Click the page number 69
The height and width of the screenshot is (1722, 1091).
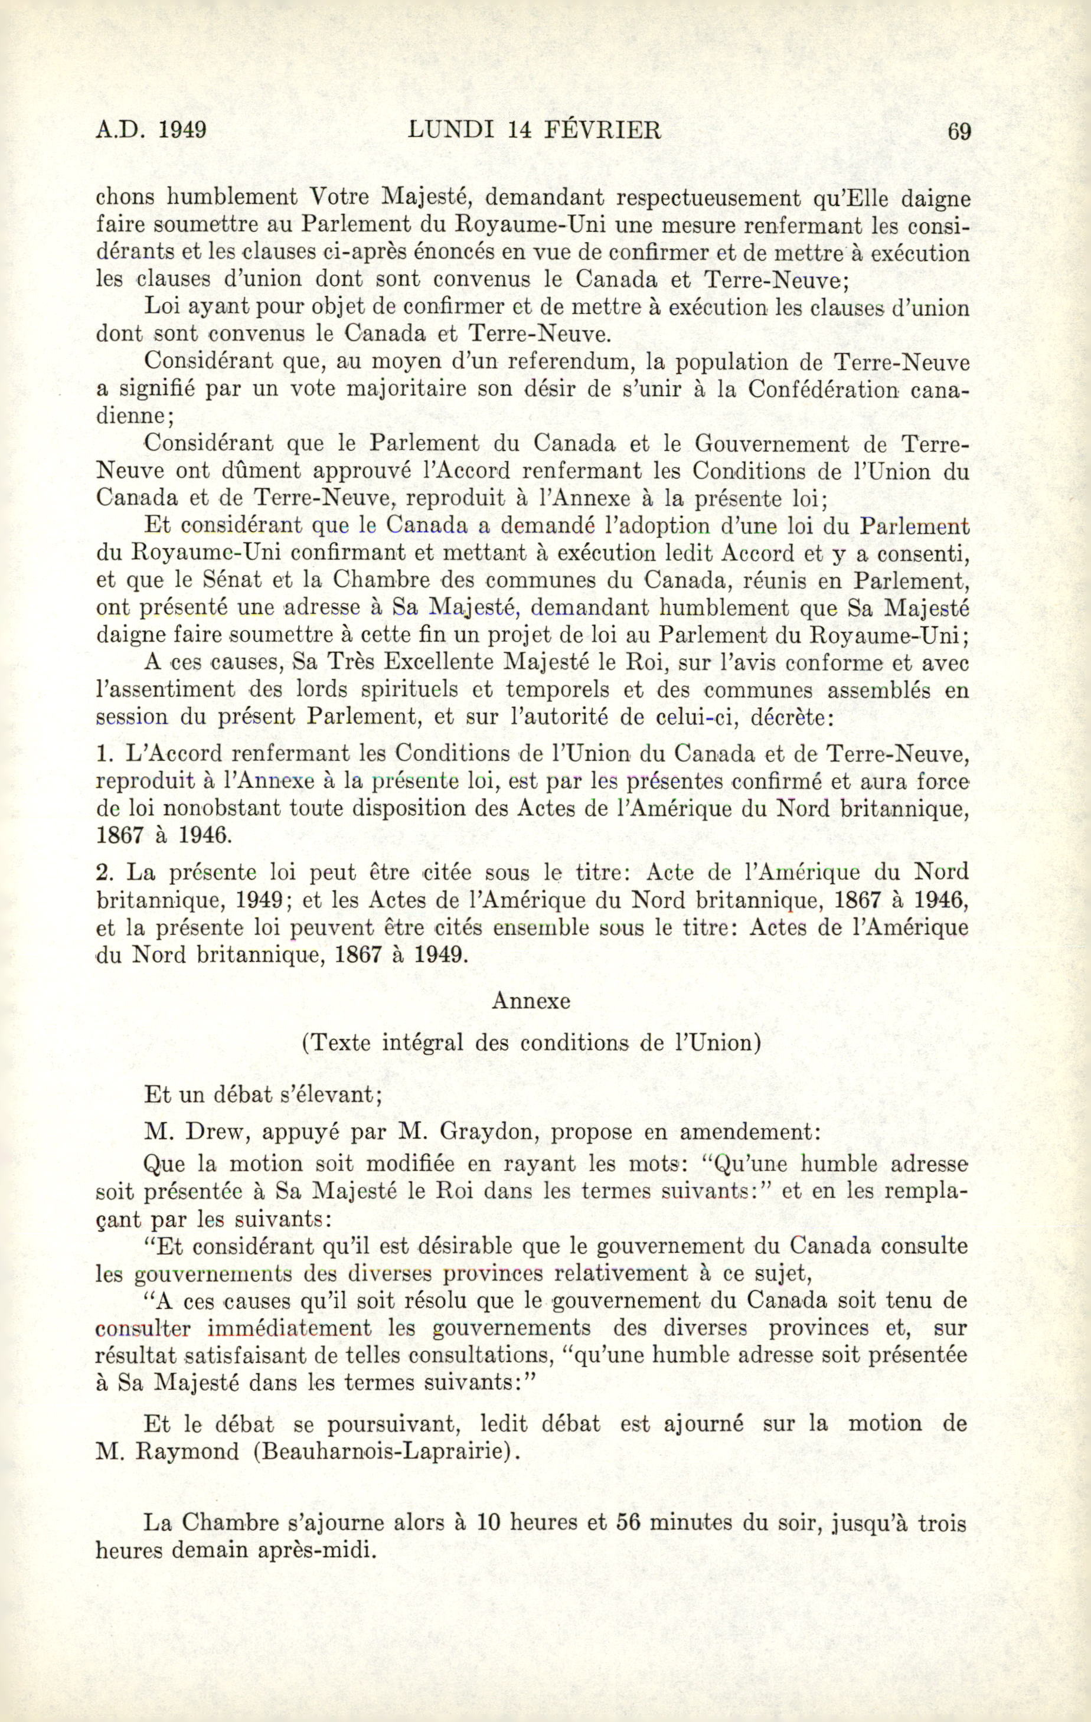point(959,132)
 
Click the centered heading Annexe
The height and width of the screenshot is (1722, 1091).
point(531,1001)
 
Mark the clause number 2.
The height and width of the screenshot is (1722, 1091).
point(104,873)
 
